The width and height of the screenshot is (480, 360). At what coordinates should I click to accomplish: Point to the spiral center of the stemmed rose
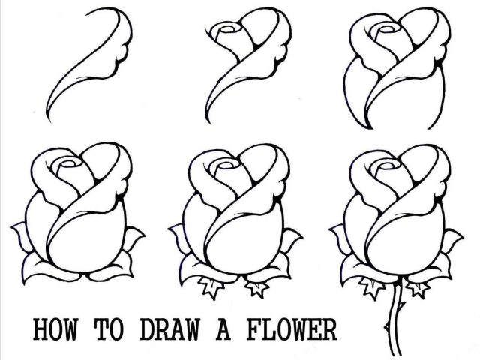click(x=381, y=167)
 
